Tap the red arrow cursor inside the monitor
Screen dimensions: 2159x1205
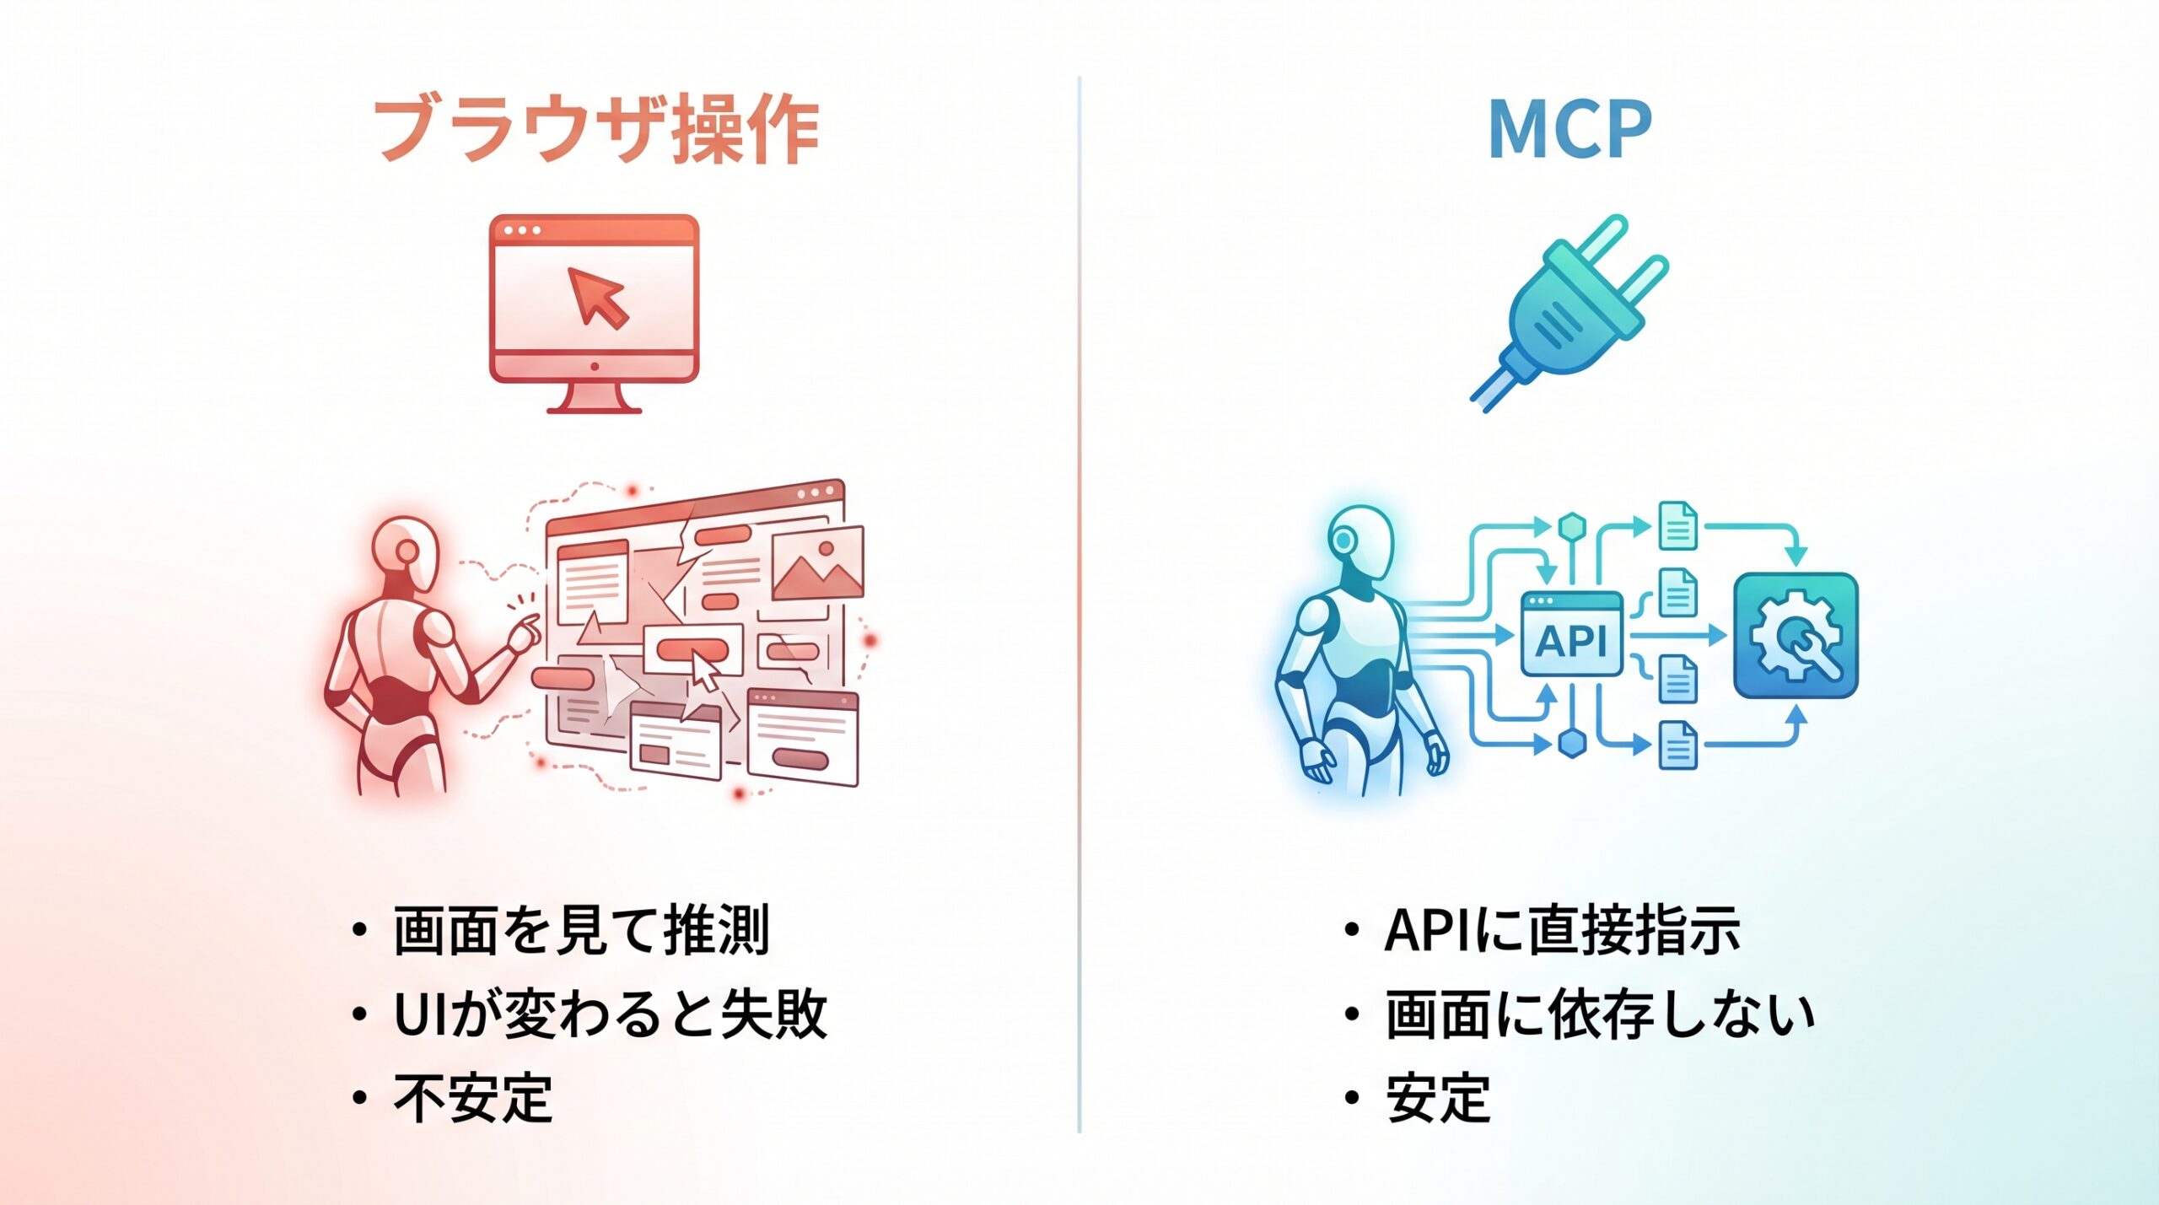(x=597, y=296)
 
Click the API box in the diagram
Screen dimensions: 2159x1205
(x=1571, y=634)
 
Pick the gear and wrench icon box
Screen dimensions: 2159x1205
(x=1796, y=635)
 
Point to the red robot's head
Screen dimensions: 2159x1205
(x=406, y=552)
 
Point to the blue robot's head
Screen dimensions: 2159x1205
(x=1359, y=541)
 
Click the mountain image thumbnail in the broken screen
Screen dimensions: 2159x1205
(x=817, y=562)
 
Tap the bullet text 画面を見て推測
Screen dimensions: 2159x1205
(x=581, y=931)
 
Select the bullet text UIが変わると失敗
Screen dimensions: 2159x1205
(x=610, y=1014)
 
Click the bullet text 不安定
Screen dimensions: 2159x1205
(x=473, y=1098)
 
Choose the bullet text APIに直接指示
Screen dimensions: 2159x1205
(x=1562, y=931)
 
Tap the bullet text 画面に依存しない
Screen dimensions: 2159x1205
(x=1599, y=1014)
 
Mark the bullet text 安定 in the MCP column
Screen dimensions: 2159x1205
(x=1438, y=1098)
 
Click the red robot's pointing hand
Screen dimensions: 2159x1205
(x=526, y=630)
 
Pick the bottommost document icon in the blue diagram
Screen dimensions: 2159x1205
(x=1677, y=745)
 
